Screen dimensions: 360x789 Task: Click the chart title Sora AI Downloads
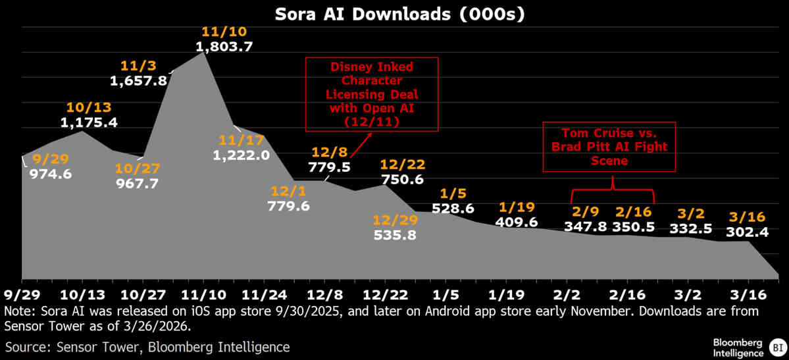coord(394,14)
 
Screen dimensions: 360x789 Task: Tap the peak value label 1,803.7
coord(224,47)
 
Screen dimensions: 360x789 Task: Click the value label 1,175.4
coord(89,122)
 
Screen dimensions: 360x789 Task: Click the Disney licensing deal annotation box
coord(372,93)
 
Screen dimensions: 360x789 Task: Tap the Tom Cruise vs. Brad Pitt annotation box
coord(609,146)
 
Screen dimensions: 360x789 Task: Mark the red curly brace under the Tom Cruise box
coord(613,193)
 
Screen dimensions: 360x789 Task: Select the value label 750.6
coord(403,178)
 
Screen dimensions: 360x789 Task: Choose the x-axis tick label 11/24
coord(263,292)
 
